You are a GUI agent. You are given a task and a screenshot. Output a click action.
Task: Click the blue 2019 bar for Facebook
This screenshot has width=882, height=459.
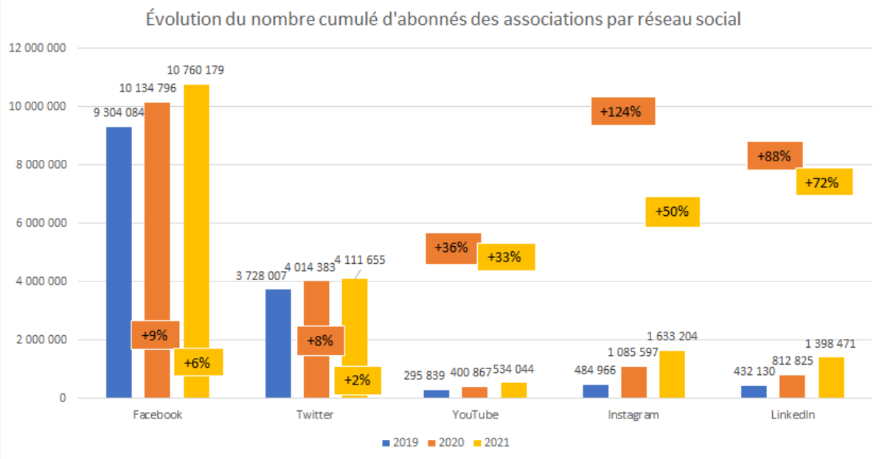click(x=119, y=262)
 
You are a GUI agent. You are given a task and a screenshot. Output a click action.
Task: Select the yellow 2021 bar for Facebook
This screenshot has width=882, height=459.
click(x=196, y=221)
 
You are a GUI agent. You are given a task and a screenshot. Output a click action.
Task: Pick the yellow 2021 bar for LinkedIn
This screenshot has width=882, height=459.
click(x=830, y=377)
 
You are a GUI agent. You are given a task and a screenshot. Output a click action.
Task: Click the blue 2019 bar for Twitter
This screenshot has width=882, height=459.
click(x=278, y=343)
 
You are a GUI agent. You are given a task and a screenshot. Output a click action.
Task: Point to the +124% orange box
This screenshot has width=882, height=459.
click(x=623, y=111)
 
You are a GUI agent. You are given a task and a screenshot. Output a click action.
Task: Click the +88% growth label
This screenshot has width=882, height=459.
click(x=774, y=155)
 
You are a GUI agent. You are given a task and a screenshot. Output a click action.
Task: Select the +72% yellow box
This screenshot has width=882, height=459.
click(x=824, y=182)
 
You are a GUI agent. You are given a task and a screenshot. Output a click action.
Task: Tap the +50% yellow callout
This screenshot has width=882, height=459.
click(x=672, y=211)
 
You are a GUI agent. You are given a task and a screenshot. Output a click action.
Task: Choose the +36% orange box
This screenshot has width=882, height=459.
click(x=453, y=248)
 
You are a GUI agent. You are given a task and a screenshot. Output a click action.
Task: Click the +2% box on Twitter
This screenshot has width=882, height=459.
click(x=358, y=380)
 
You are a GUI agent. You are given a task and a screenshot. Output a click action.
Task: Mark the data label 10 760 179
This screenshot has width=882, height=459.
click(x=195, y=71)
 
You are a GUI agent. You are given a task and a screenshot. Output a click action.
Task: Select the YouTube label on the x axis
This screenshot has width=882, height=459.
click(x=475, y=415)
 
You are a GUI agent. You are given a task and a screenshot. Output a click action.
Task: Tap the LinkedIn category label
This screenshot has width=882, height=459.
click(x=793, y=415)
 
